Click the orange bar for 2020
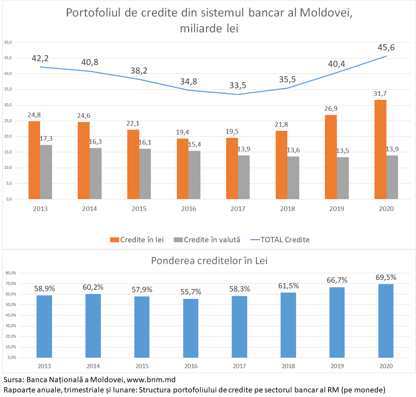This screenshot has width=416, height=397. coord(380,149)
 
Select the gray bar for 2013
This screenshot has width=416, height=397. coord(46,172)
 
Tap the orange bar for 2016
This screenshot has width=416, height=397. coord(183,169)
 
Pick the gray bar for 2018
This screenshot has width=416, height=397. coord(293,178)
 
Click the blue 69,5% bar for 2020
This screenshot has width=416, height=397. coord(386,321)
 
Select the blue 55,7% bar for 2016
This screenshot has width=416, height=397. coord(191,328)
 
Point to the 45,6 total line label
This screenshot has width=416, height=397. coord(386,47)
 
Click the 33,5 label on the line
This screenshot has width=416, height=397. coord(238,85)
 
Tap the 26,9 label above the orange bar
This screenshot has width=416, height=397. coord(331,109)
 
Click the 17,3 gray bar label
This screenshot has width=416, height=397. coord(46,139)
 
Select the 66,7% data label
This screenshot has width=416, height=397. coord(337,280)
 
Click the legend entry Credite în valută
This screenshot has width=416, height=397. coord(207,240)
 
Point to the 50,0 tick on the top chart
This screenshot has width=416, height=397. coord(8,42)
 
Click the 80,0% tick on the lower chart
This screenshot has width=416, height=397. coord(11,273)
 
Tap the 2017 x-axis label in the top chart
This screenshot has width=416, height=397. coord(238,209)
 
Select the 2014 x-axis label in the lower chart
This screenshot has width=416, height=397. coord(93,366)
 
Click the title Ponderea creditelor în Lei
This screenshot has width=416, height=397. coord(209,261)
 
